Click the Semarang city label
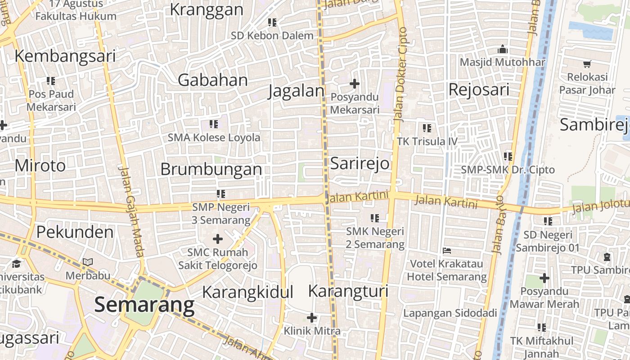coord(144,305)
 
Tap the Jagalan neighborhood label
coord(296,91)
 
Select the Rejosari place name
coord(479,90)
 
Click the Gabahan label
coord(213,80)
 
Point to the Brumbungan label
coord(211,169)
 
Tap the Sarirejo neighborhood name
coord(360,163)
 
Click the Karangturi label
coord(348,291)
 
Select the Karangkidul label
coord(247,292)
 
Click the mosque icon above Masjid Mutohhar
coord(503,49)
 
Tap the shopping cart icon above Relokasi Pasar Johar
coord(587,64)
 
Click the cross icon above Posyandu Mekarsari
coord(355,84)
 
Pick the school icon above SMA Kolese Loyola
coord(214,124)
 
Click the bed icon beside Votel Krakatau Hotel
coord(447,250)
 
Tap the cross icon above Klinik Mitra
coord(312,318)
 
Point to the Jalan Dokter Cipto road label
coord(400,74)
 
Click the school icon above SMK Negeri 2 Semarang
coord(375,218)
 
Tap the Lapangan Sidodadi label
coord(450,313)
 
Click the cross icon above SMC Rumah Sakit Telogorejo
coord(218,238)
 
